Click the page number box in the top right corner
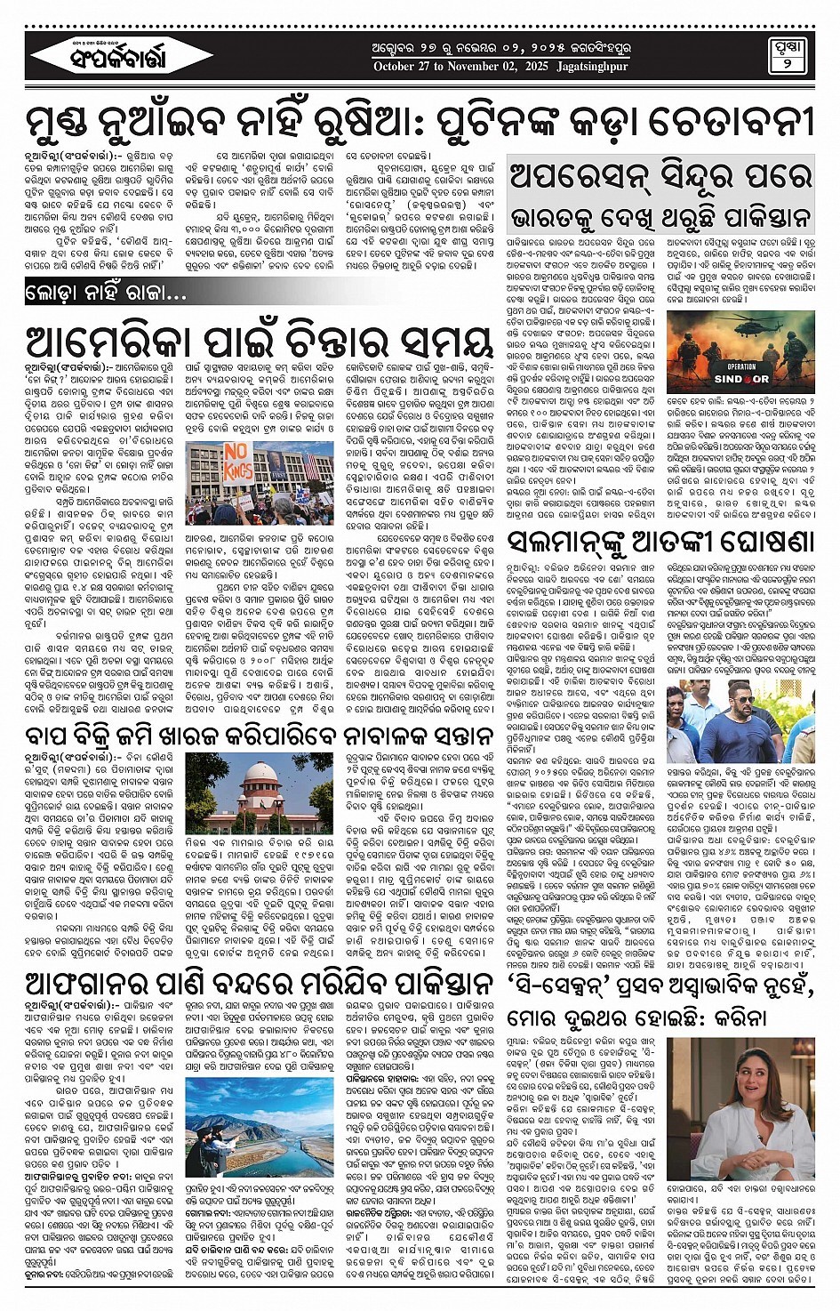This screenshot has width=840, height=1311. [x=787, y=55]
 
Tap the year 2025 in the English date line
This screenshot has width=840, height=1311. [x=536, y=67]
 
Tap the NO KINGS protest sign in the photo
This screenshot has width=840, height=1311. [x=235, y=462]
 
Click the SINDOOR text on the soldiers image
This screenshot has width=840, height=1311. [x=741, y=379]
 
